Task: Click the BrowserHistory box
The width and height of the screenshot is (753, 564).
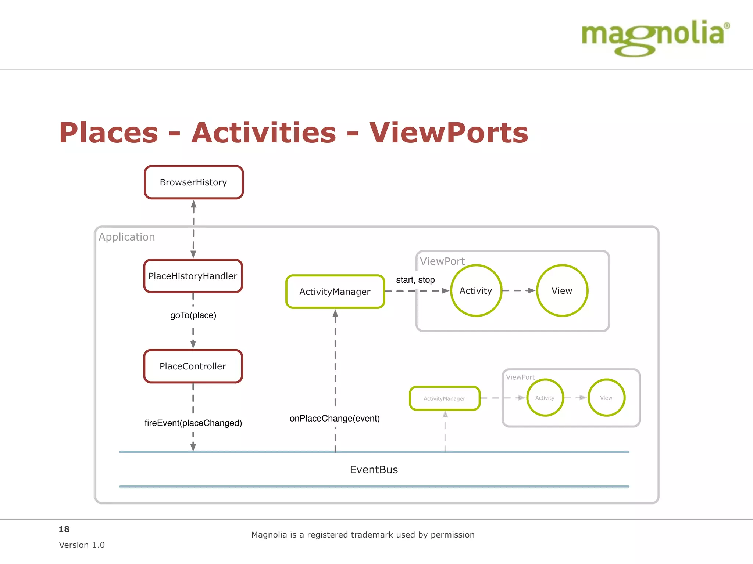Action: (x=194, y=182)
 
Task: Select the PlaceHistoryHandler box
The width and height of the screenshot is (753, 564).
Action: (x=193, y=276)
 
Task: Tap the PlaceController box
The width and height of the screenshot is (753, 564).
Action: (x=193, y=366)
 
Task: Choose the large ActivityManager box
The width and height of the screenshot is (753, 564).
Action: (x=335, y=292)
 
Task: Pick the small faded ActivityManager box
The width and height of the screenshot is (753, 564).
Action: (x=445, y=398)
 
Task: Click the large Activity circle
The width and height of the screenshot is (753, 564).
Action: (x=476, y=290)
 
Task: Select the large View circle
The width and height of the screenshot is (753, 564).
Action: (x=562, y=290)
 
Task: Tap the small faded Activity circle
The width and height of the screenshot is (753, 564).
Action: (x=545, y=398)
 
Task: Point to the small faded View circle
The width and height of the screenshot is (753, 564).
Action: (x=606, y=398)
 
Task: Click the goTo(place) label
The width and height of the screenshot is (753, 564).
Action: (x=193, y=315)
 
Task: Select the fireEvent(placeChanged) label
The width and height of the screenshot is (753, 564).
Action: (x=193, y=423)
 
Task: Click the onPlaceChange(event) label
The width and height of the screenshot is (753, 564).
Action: (x=335, y=418)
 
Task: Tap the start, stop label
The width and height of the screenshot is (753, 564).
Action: (x=415, y=280)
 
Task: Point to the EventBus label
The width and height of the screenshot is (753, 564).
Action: (x=374, y=470)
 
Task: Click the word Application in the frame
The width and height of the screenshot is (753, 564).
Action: (x=127, y=237)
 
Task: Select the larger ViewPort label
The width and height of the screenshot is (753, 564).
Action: (x=442, y=261)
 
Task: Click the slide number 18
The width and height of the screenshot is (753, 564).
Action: (x=64, y=529)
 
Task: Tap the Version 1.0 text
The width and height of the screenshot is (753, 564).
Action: (x=82, y=545)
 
